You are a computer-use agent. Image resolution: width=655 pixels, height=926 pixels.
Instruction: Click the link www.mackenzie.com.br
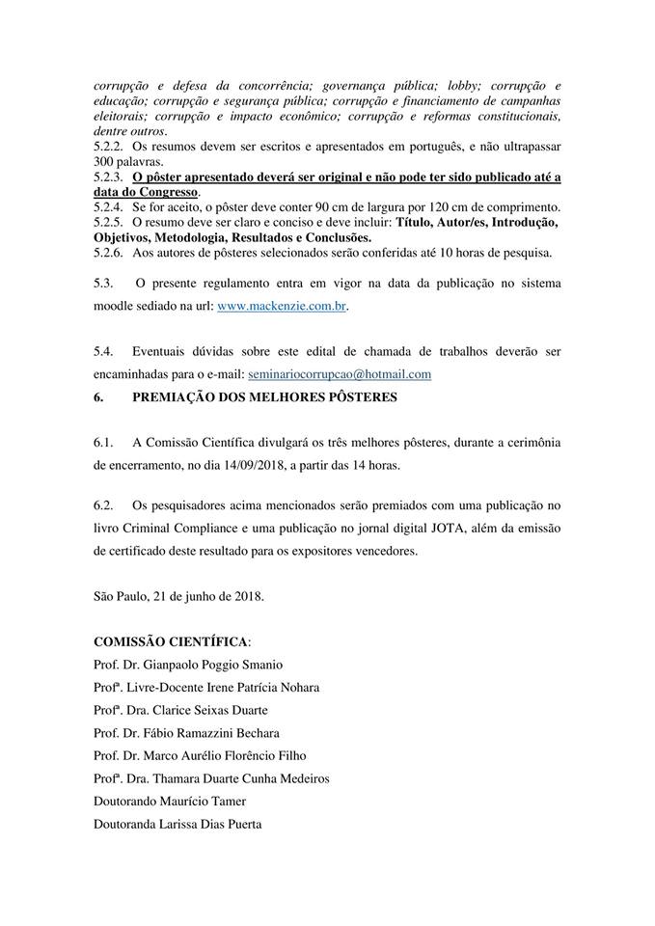pos(281,306)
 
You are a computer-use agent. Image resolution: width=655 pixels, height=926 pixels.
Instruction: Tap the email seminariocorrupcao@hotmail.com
pos(340,373)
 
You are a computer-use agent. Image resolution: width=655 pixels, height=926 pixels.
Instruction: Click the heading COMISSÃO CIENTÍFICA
pos(171,641)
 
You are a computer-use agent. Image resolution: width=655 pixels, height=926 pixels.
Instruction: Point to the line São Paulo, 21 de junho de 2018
pos(178,596)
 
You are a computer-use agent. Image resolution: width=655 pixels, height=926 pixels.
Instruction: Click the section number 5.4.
pos(103,351)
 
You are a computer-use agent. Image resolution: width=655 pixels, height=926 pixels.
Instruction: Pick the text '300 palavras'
pos(128,161)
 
